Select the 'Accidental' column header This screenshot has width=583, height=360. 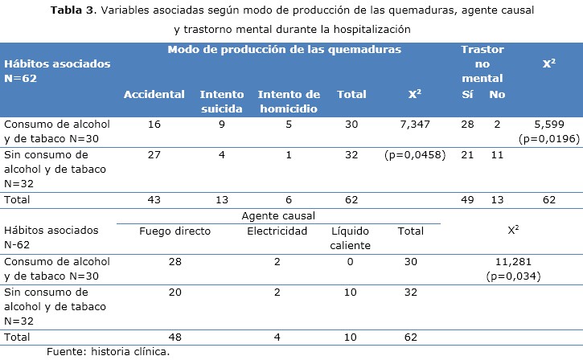click(154, 95)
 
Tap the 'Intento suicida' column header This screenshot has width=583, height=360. click(222, 101)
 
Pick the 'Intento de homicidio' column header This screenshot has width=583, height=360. click(289, 101)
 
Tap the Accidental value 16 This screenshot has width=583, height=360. click(154, 125)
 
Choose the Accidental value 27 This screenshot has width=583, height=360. click(154, 154)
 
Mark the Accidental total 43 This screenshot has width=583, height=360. click(154, 199)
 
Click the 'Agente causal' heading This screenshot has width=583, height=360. click(278, 216)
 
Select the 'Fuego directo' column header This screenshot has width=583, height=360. click(174, 231)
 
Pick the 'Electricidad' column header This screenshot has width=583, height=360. click(277, 231)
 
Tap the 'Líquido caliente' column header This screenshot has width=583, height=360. click(351, 239)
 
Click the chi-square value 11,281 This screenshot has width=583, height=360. click(512, 261)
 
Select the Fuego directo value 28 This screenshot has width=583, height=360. click(174, 261)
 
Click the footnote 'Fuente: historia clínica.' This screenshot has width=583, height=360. click(108, 351)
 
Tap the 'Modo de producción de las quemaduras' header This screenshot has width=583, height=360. click(284, 49)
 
